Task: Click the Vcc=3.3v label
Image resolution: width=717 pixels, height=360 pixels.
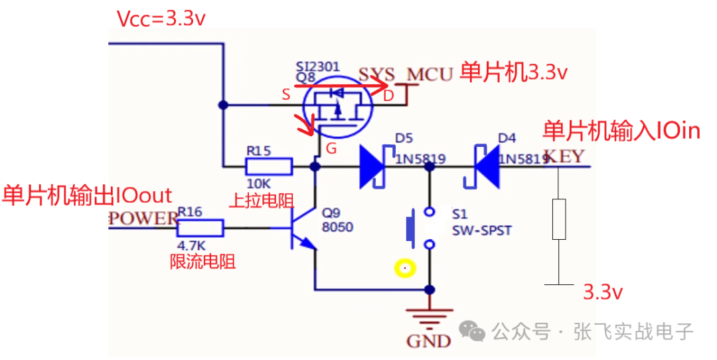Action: point(161,18)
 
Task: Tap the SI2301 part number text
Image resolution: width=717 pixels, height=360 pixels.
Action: point(318,66)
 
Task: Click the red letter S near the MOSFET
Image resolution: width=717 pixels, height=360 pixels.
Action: point(285,94)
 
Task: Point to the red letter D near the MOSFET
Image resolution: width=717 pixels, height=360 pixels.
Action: point(388,98)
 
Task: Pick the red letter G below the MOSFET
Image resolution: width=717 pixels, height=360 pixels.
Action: point(332,148)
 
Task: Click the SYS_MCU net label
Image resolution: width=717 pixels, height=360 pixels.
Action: point(405,74)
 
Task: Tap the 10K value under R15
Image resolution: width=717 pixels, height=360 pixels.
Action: point(259,183)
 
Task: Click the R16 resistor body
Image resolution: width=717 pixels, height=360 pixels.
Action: point(200,229)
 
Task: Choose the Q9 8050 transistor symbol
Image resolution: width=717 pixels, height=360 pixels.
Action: point(300,229)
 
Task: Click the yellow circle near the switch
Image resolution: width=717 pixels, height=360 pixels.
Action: point(404,268)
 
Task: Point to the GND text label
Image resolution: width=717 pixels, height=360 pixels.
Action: point(428,341)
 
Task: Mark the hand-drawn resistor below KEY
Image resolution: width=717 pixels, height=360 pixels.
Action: point(559,219)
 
